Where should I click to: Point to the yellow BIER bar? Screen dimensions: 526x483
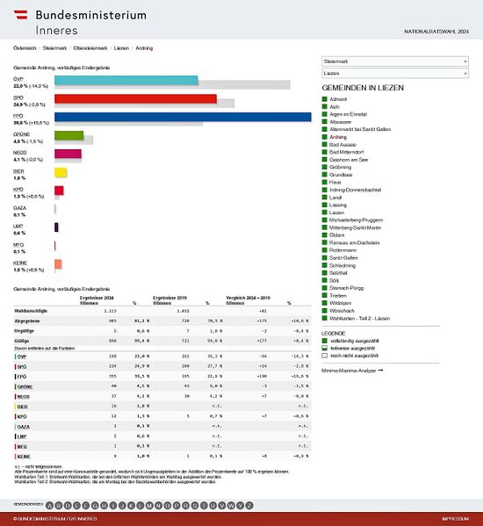pos(61,172)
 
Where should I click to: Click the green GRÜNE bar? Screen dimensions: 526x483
pos(68,135)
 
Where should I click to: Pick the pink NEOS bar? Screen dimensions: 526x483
pos(68,154)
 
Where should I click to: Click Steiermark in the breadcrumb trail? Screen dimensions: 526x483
pos(54,48)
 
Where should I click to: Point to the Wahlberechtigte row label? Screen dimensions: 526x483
pos(32,311)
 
